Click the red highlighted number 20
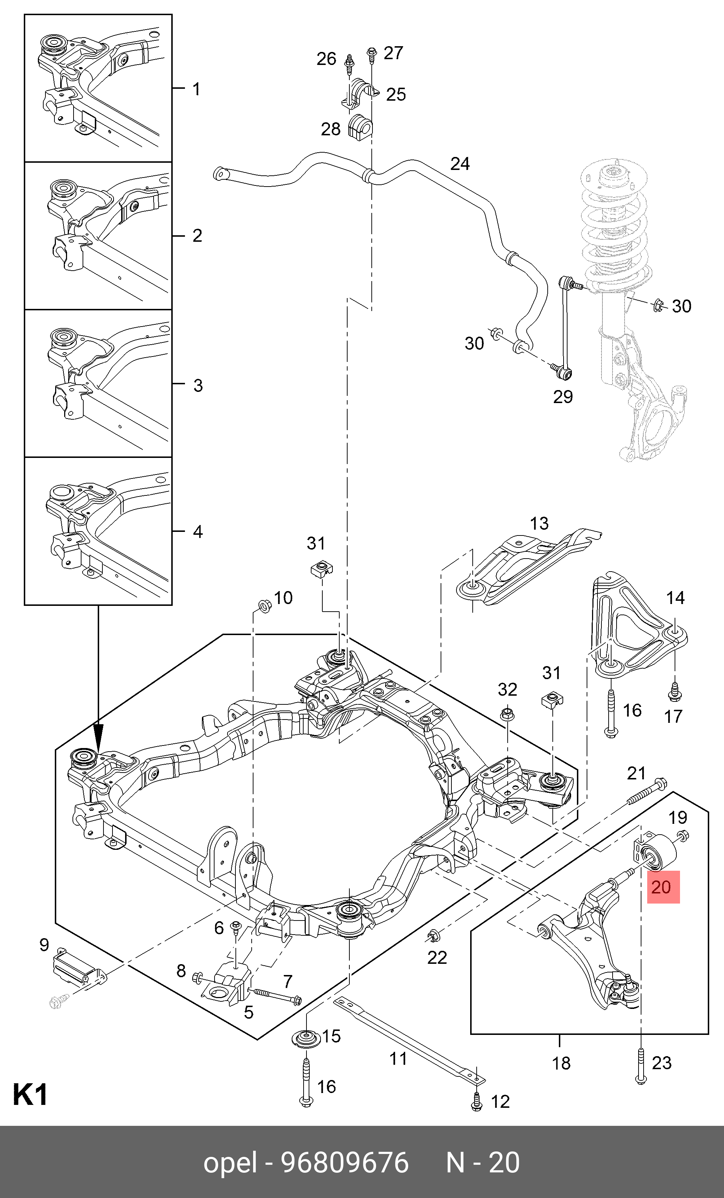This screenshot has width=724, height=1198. pyautogui.click(x=663, y=887)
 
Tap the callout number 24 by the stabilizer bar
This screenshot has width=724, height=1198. pyautogui.click(x=460, y=164)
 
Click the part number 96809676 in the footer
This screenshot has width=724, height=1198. pyautogui.click(x=345, y=1163)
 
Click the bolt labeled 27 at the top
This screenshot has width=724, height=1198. pyautogui.click(x=372, y=54)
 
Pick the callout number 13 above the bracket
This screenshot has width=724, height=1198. pyautogui.click(x=539, y=523)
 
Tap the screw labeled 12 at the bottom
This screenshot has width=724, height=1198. pyautogui.click(x=477, y=1101)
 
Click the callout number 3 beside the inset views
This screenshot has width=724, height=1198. pyautogui.click(x=198, y=385)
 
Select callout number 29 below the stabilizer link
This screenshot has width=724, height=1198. pyautogui.click(x=563, y=397)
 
